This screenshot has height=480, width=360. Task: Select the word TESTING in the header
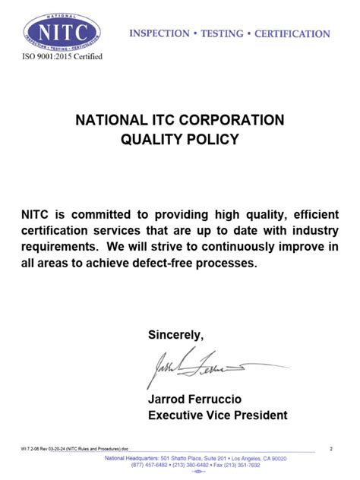(223, 33)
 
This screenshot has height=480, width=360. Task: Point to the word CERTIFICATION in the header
(292, 33)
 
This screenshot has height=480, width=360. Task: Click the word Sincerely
(175, 335)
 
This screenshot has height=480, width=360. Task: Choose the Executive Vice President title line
(217, 415)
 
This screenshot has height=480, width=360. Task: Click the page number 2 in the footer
(332, 450)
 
